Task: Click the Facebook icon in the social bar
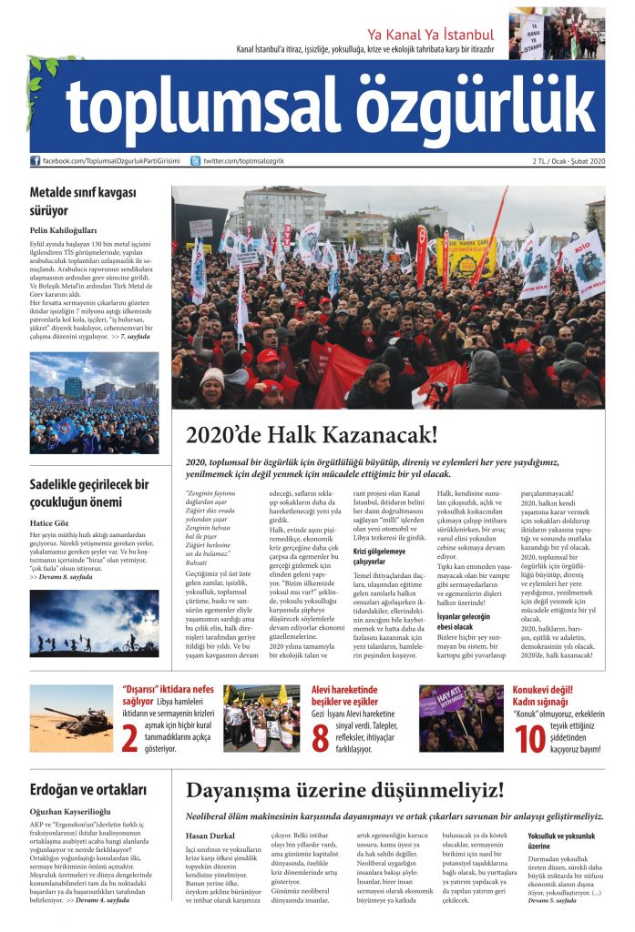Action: point(36,161)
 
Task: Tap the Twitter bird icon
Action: point(195,161)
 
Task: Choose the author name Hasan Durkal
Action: point(210,835)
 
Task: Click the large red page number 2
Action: point(129,738)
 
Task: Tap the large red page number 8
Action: point(320,738)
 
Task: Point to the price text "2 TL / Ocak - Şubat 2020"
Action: point(568,161)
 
